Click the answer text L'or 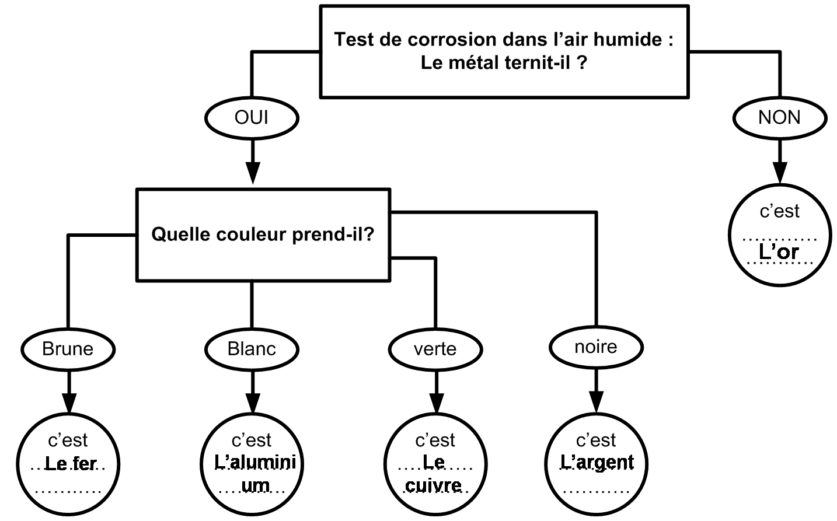(x=779, y=251)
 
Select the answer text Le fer (x=71, y=464)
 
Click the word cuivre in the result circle (x=434, y=485)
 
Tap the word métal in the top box (x=472, y=62)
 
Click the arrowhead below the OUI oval (x=253, y=173)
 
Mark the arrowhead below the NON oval (x=780, y=173)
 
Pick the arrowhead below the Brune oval (x=69, y=403)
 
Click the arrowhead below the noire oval (x=597, y=402)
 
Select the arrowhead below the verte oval (x=436, y=403)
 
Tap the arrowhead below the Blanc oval (x=253, y=403)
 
